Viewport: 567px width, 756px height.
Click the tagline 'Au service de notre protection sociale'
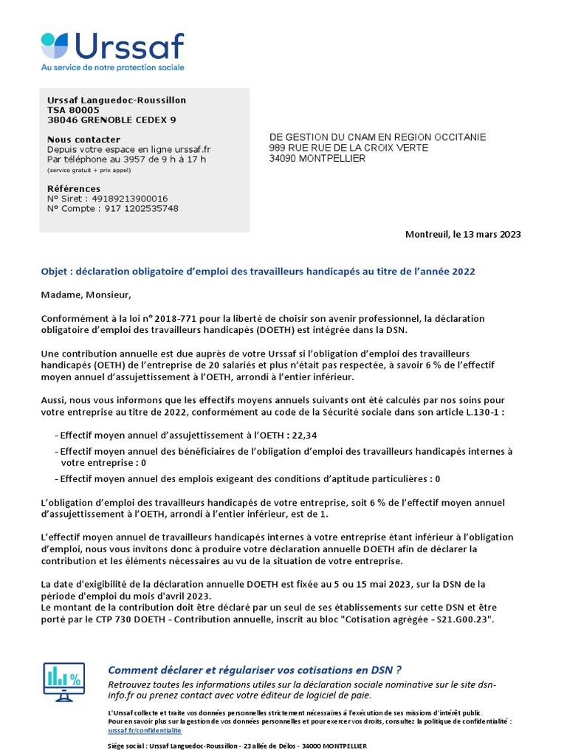pos(112,67)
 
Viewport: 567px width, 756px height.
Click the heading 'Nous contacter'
pos(83,140)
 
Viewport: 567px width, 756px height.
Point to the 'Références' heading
pos(74,189)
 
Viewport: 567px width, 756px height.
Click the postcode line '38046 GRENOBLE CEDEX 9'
pos(111,120)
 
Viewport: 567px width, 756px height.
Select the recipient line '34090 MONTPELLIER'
pos(317,158)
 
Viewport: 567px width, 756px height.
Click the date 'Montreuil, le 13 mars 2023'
pos(463,234)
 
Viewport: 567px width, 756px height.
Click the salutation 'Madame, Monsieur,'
pos(86,295)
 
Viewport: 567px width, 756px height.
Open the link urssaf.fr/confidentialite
pos(144,729)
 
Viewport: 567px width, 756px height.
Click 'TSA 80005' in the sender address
pos(73,110)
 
